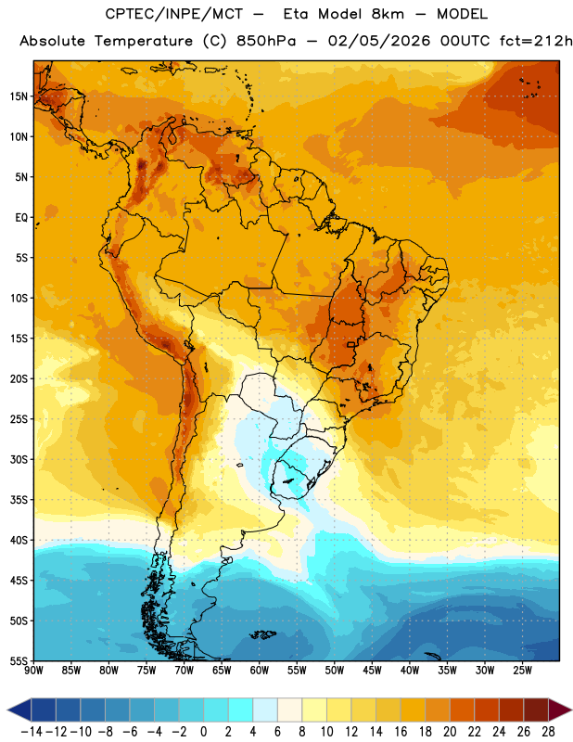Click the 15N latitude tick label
click(x=19, y=96)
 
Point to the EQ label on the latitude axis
click(x=21, y=218)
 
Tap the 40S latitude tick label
click(x=19, y=540)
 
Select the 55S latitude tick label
click(x=19, y=660)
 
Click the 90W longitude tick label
click(x=33, y=670)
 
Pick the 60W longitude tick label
click(x=260, y=670)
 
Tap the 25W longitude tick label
click(x=522, y=670)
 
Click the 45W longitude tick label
click(x=372, y=670)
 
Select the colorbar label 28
click(x=548, y=732)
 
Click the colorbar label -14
click(x=32, y=732)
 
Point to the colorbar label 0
click(x=203, y=732)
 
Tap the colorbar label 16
click(x=401, y=732)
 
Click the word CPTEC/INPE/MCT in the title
click(x=174, y=14)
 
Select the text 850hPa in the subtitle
click(x=266, y=41)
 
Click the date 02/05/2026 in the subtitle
click(x=379, y=41)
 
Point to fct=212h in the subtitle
click(x=536, y=41)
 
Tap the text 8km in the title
click(x=388, y=14)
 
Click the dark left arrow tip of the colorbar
click(x=8, y=710)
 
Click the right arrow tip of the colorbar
click(x=570, y=710)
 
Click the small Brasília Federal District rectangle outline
click(x=350, y=344)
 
